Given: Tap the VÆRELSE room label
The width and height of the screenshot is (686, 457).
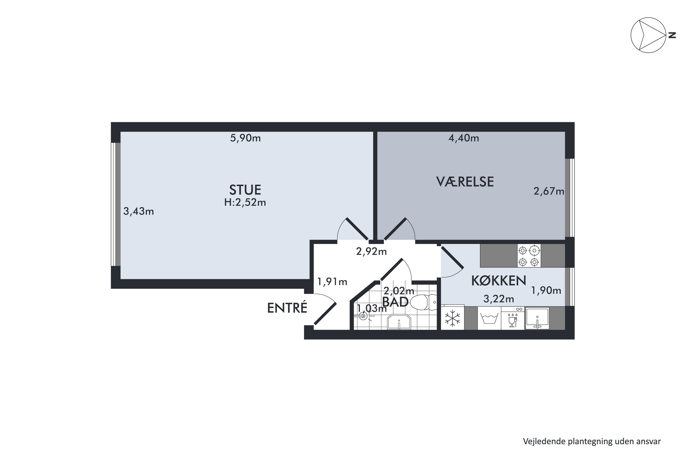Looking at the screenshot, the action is pyautogui.click(x=465, y=182).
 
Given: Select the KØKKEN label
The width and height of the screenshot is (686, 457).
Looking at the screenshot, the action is pyautogui.click(x=499, y=280).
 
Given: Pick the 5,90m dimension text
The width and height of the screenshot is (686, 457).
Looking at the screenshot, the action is pyautogui.click(x=245, y=138).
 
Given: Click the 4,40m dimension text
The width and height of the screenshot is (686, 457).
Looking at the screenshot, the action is pyautogui.click(x=464, y=138).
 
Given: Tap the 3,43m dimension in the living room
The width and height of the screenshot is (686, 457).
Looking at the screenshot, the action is pyautogui.click(x=139, y=211).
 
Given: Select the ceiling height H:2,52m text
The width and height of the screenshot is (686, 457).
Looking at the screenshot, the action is pyautogui.click(x=245, y=202).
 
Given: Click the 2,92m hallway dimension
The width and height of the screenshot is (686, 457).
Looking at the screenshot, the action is pyautogui.click(x=371, y=251).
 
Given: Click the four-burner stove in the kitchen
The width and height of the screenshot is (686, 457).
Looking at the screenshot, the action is pyautogui.click(x=529, y=256).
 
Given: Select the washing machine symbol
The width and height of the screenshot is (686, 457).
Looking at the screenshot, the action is pyautogui.click(x=489, y=318).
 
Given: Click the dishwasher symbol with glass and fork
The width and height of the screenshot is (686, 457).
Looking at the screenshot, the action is pyautogui.click(x=512, y=318).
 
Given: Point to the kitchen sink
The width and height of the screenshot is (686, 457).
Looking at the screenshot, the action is pyautogui.click(x=537, y=318).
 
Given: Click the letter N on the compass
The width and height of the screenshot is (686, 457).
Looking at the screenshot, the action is pyautogui.click(x=672, y=35).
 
